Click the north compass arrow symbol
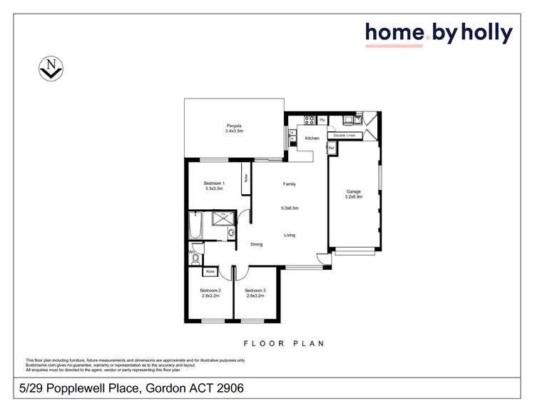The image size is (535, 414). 51,69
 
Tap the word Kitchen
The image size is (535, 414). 312,138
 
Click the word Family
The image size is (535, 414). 289,184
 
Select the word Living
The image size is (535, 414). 290,235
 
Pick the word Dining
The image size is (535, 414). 256,244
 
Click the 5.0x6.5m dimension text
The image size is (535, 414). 289,208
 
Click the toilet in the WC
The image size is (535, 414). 198,249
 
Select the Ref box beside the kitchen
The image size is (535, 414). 332,148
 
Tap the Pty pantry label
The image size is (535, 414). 322,120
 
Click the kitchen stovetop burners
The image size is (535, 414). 310,119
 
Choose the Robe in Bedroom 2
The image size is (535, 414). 210,272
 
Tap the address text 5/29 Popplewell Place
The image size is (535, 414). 84,389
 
